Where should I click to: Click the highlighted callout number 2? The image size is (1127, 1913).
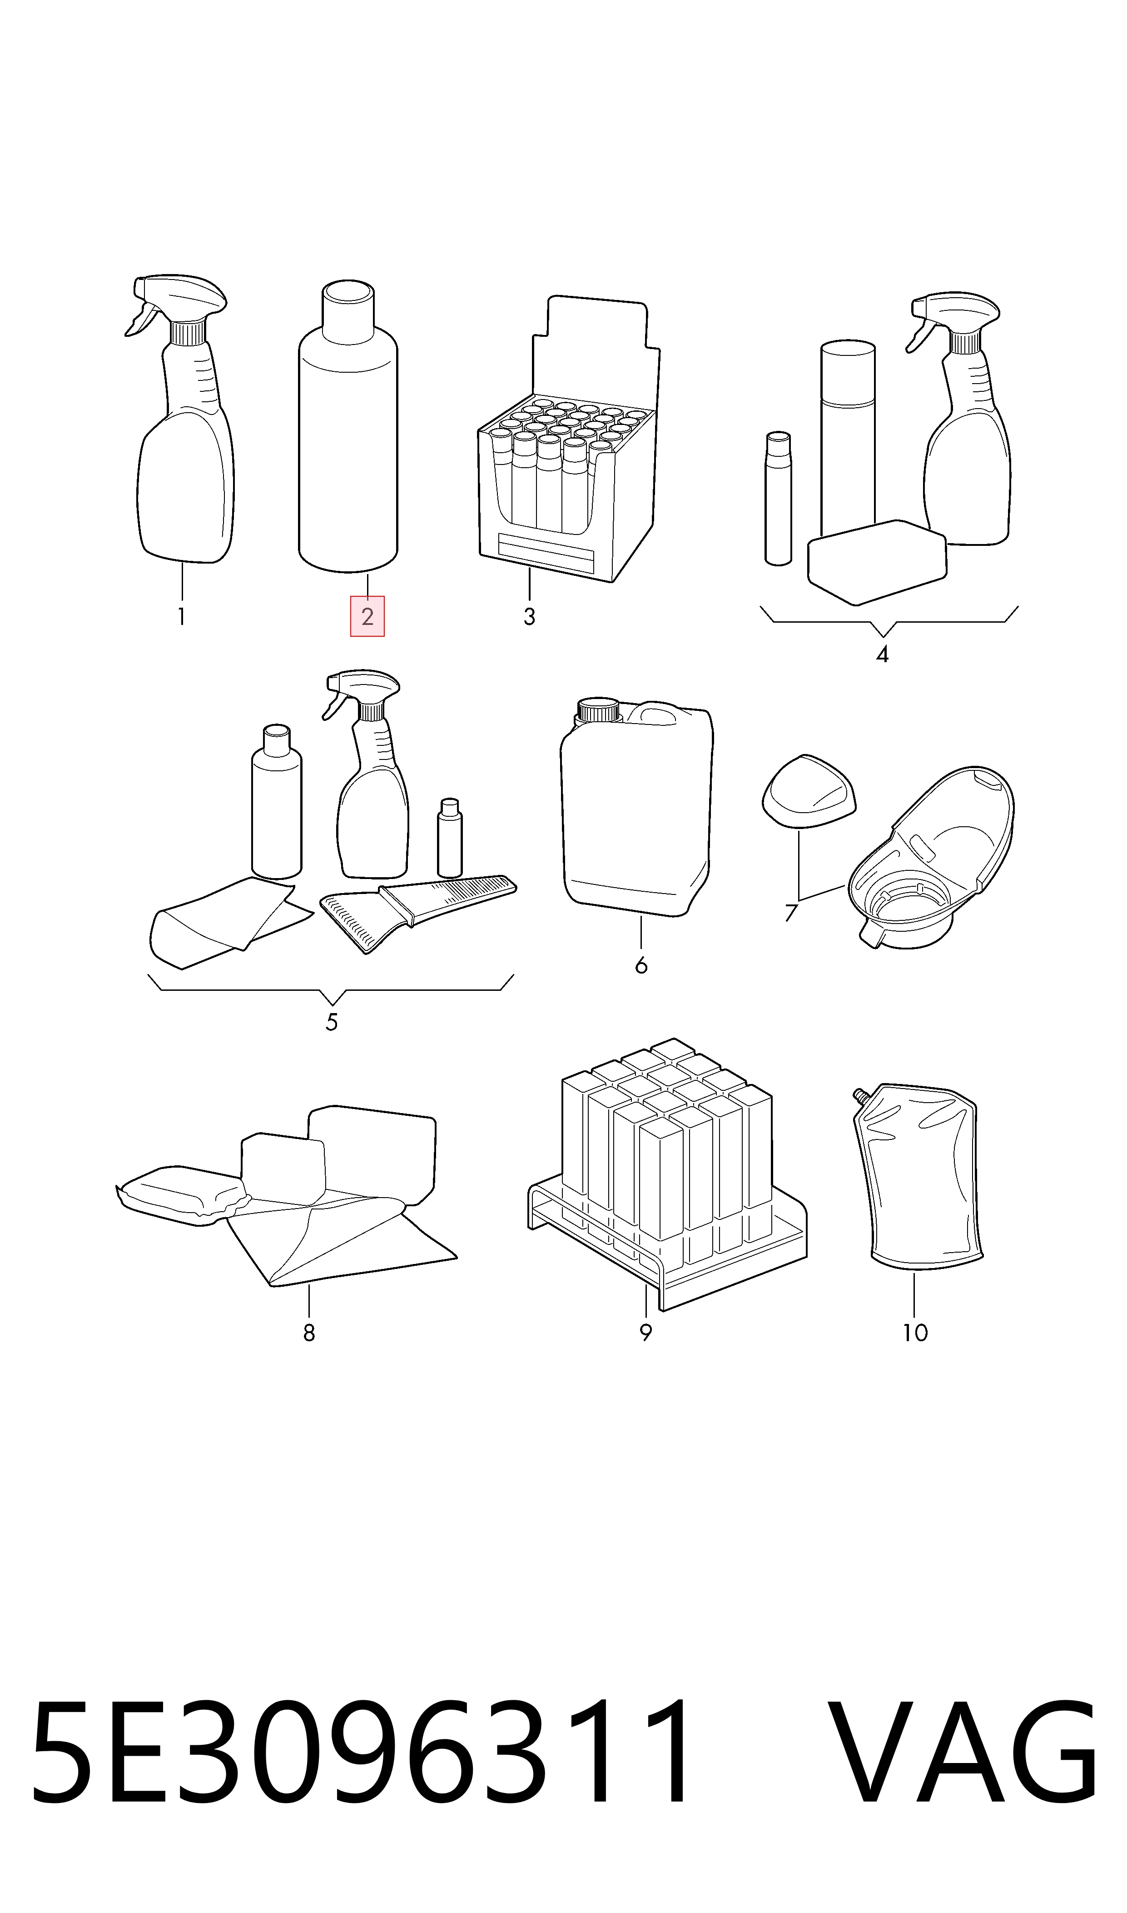[x=367, y=616]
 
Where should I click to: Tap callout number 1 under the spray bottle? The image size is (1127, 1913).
[x=182, y=616]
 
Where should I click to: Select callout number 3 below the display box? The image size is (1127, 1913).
[x=529, y=616]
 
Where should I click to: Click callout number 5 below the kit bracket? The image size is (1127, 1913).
[x=332, y=1023]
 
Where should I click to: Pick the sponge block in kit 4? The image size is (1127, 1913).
[x=877, y=562]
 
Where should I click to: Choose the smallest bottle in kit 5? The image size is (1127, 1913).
[x=450, y=838]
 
